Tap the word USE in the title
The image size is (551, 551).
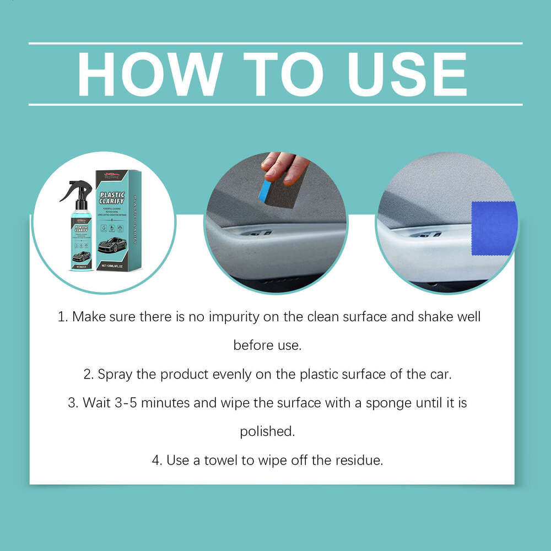[x=404, y=74]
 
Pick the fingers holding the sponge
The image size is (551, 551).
[x=284, y=164]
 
